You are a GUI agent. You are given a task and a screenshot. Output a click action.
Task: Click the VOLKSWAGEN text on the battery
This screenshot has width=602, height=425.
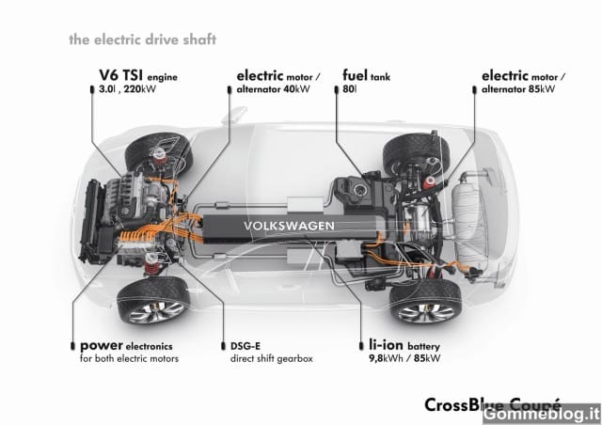289,226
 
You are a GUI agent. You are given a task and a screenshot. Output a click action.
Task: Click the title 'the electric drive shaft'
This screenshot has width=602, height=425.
142,39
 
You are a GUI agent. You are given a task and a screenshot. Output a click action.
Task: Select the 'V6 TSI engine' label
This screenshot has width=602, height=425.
138,75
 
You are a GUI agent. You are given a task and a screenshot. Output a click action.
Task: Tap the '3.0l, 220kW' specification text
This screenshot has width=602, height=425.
128,89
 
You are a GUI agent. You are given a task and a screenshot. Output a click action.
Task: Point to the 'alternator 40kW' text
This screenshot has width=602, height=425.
273,89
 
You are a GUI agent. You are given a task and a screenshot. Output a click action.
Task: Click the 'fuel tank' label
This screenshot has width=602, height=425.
366,75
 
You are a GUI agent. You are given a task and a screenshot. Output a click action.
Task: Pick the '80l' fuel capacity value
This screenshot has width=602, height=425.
349,89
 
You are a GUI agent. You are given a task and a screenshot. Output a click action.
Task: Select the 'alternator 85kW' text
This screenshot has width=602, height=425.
518,89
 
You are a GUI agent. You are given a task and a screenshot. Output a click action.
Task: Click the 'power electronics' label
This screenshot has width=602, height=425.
126,346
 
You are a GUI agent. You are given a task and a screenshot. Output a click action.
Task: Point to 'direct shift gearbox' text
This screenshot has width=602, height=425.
272,359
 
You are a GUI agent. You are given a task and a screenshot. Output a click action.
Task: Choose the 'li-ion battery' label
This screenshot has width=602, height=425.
404,345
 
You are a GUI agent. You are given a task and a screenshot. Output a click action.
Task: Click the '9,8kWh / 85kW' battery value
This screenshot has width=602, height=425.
404,358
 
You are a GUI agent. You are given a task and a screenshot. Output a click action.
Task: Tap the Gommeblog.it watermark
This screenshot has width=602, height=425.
542,415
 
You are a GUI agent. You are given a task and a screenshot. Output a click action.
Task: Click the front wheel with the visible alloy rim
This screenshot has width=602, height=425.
153,301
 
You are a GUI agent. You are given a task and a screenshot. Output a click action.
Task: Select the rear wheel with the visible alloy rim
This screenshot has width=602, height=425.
426,302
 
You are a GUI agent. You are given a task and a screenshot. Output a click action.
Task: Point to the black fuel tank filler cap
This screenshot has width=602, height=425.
360,188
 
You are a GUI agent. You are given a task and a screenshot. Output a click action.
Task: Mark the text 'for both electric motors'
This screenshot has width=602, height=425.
130,359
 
